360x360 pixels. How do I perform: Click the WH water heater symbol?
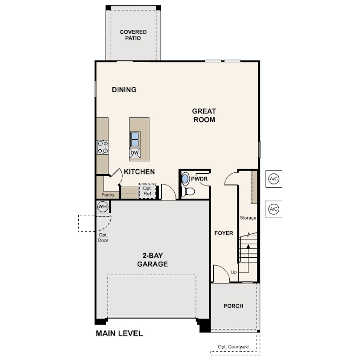(102, 206)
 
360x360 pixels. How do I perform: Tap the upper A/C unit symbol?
(274, 179)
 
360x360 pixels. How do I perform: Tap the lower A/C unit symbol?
(273, 209)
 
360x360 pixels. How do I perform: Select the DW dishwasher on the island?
(135, 153)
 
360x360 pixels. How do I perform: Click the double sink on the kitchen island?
(135, 140)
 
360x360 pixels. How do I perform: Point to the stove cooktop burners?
(103, 147)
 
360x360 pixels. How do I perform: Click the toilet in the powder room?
(188, 191)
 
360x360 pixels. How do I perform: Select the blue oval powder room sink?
(185, 178)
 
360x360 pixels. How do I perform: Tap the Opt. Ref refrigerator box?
(148, 191)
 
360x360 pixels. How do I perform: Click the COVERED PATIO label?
(133, 35)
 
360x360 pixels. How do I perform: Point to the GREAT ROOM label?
(204, 115)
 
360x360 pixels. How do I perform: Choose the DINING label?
(124, 89)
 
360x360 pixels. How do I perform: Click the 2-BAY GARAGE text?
(152, 260)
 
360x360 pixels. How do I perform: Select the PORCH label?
(233, 306)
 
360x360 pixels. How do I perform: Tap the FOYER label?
(224, 233)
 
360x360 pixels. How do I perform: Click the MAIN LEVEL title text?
(119, 333)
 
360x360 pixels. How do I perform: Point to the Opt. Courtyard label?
(233, 347)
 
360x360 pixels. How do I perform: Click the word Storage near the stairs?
(248, 218)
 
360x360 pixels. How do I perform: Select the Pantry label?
(108, 195)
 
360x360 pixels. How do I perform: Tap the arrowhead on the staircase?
(248, 246)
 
